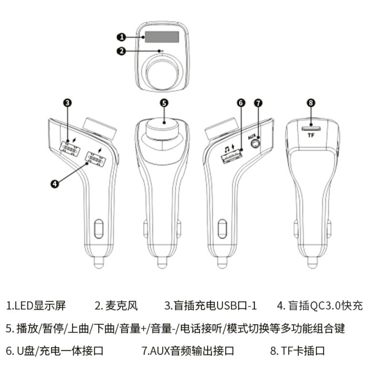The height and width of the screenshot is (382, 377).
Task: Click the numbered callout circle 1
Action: click(122, 37)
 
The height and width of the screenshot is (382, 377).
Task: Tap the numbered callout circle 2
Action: click(122, 51)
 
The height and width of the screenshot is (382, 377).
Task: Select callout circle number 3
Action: click(67, 103)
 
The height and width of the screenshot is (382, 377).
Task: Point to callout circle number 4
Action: click(55, 184)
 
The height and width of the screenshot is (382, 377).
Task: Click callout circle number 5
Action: click(164, 103)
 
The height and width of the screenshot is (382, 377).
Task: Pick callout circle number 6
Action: click(241, 103)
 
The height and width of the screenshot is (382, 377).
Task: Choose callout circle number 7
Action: click(258, 103)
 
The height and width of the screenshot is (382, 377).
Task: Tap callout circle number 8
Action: click(311, 103)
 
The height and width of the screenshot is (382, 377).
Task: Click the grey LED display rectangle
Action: click(162, 37)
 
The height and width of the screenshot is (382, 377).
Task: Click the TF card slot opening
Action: click(311, 129)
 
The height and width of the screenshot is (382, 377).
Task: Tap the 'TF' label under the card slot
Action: click(311, 135)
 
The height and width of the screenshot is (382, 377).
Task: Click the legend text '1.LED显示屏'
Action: click(36, 306)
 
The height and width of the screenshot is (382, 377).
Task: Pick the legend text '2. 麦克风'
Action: click(116, 306)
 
